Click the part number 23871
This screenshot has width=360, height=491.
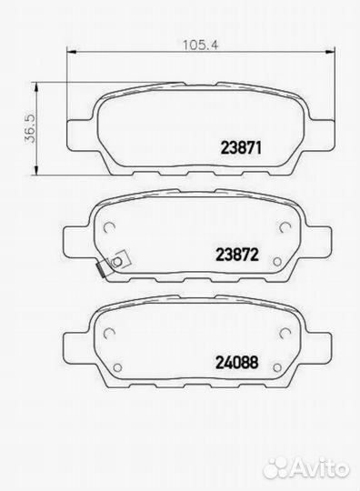tap(241, 147)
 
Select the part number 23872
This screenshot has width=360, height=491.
tap(237, 255)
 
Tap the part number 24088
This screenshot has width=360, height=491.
tap(237, 362)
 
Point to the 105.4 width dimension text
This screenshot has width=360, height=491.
tap(200, 45)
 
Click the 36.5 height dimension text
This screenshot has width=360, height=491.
tap(31, 128)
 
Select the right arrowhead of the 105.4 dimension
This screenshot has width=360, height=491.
tap(330, 51)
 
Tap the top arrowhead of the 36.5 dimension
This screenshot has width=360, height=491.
tap(36, 87)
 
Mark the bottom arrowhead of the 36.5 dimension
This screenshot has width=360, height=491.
tap(36, 170)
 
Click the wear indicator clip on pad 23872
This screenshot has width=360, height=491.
tap(114, 264)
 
